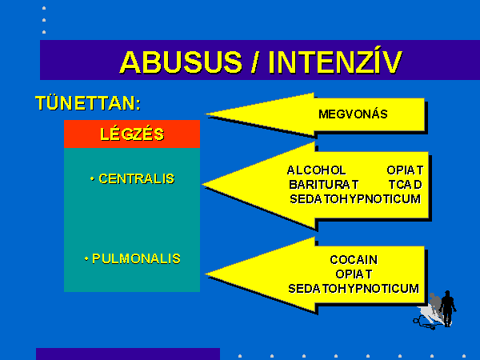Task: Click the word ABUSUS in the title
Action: point(182,62)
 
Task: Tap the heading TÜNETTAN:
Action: point(88,103)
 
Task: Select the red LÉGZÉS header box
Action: point(132,134)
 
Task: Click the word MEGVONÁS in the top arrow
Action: point(353,114)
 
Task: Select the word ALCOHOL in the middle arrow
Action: point(316,170)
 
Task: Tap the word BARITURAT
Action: point(323,185)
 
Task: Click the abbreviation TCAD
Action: point(406,185)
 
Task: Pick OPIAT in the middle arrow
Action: point(405,170)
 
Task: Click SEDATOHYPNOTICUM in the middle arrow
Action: point(355,199)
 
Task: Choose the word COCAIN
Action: point(354,259)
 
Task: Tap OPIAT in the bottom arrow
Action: point(354,274)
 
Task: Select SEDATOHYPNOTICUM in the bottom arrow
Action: point(354,288)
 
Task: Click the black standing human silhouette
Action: point(447,308)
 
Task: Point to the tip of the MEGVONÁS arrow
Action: point(206,114)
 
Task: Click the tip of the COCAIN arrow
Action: point(205,274)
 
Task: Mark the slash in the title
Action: point(254,62)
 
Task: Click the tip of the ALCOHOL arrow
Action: point(202,184)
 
